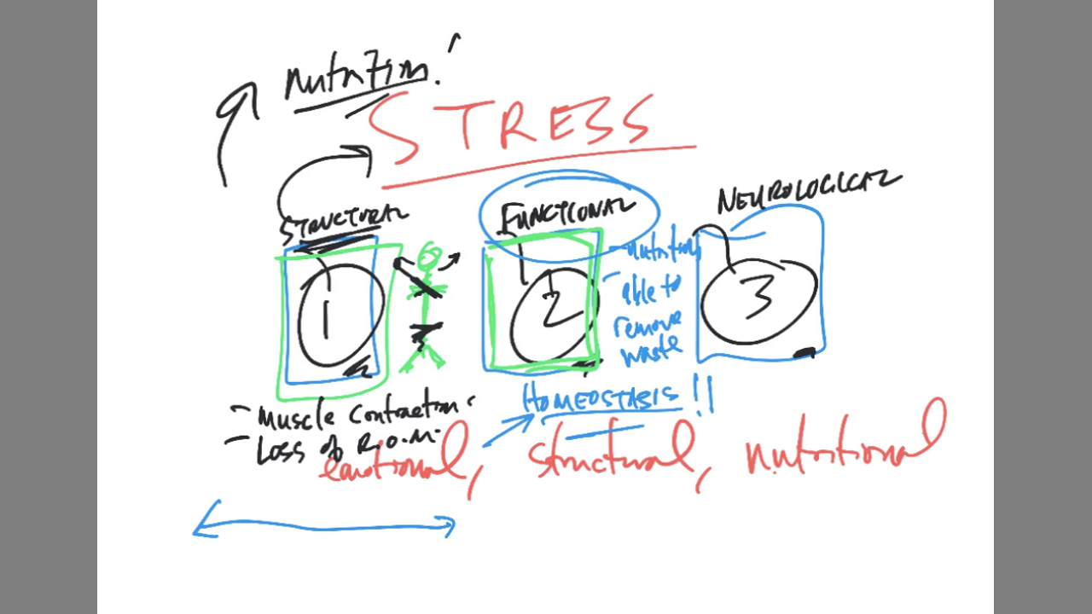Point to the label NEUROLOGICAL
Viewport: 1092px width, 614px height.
point(806,192)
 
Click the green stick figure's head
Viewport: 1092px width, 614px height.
point(429,255)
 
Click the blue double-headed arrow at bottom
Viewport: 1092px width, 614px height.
point(324,527)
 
